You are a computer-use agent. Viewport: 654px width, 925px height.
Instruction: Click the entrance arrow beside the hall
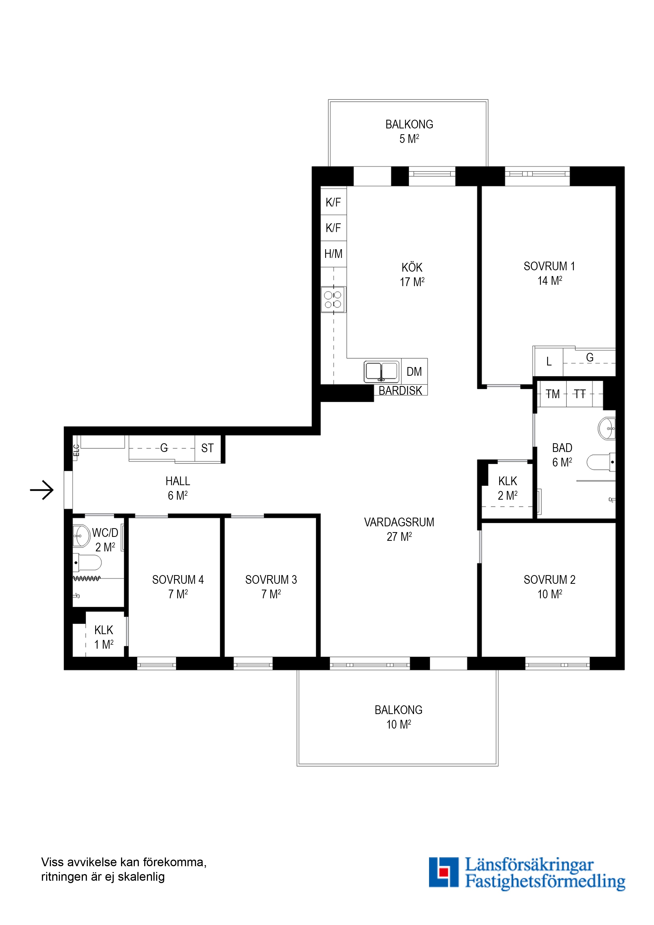coord(42,490)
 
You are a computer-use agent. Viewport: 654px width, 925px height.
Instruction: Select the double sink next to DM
coord(381,372)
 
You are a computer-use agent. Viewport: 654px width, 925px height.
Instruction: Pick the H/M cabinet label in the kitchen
coord(333,254)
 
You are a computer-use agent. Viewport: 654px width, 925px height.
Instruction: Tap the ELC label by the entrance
coord(76,450)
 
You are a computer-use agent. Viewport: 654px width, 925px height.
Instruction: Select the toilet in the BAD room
coord(601,462)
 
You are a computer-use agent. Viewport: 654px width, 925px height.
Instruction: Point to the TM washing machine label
coord(552,394)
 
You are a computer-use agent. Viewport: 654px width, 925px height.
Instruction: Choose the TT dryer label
coord(580,394)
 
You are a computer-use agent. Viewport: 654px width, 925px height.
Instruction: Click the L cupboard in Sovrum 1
coord(549,362)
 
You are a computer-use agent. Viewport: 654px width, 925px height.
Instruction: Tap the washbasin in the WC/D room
coord(81,536)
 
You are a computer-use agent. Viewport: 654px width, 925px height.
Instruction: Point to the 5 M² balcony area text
coord(409,139)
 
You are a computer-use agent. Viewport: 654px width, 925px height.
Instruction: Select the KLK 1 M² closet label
coord(104,637)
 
